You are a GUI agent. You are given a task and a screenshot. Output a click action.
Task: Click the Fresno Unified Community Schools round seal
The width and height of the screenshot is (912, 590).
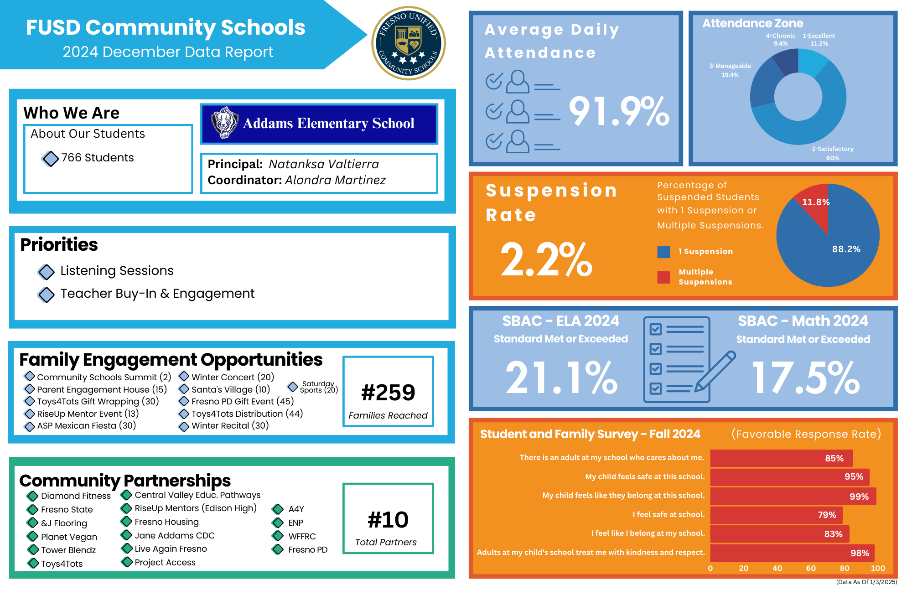coord(408,43)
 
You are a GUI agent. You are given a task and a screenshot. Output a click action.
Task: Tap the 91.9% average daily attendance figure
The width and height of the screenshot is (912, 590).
coord(619,111)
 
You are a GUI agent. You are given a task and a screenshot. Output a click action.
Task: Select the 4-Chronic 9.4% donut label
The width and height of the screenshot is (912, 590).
coord(780,40)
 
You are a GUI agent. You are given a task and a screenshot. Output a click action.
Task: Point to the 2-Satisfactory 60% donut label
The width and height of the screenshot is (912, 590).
coord(832,153)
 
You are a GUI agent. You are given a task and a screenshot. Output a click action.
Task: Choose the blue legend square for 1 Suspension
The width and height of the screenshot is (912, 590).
coord(663,252)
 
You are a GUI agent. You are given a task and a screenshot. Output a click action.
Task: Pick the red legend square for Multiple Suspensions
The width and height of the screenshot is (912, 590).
coord(663,277)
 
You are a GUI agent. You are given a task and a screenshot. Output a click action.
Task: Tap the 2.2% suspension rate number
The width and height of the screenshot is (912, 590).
coord(546,259)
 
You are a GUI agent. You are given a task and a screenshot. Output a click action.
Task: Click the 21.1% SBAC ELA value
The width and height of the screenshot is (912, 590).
coord(561,378)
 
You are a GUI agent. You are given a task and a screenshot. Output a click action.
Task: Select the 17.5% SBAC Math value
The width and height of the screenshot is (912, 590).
coord(805,378)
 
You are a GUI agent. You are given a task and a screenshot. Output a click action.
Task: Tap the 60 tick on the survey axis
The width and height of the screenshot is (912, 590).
coord(811,568)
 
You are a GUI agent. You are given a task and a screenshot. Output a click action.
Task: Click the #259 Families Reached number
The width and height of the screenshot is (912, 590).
coord(388,393)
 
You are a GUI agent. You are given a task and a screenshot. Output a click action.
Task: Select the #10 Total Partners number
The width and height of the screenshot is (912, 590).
coord(388,520)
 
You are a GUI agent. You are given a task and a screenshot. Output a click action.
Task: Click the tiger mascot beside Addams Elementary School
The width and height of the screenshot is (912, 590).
coord(224,123)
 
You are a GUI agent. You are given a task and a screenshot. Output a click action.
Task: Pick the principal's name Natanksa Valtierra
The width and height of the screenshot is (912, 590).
coord(324,164)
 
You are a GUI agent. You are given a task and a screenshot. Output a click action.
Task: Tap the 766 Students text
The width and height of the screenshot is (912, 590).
coord(98,158)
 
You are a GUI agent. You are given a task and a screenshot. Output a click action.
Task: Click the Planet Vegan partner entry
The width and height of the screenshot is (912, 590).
coord(69,537)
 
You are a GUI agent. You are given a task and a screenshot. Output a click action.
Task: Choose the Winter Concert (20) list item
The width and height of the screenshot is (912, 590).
coord(233,377)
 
